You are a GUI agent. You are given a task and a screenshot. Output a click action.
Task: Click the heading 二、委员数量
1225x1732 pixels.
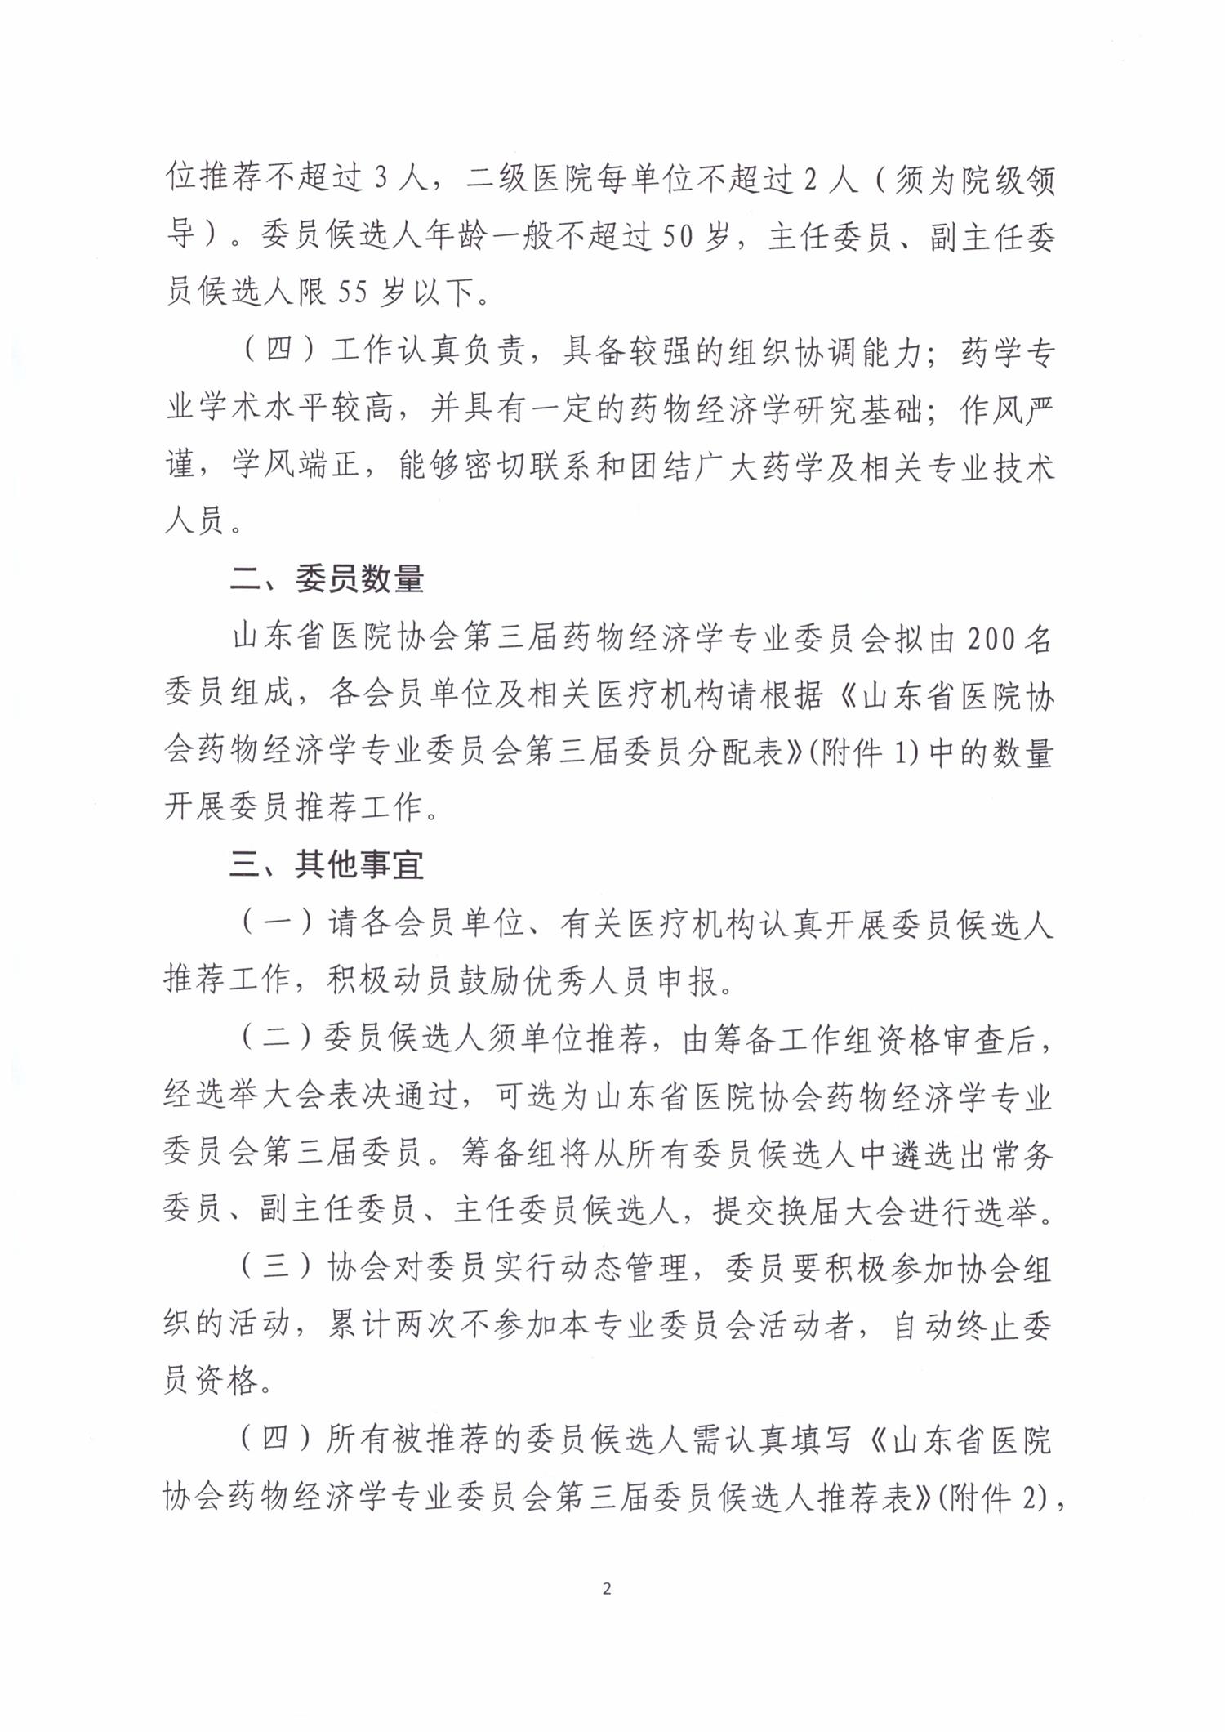tap(327, 580)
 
